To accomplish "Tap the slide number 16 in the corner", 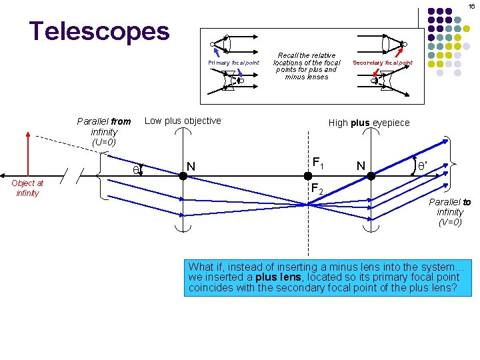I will click(471, 6).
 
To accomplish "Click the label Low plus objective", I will click(183, 121).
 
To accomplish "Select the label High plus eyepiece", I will click(369, 123).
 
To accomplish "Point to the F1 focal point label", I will click(318, 162).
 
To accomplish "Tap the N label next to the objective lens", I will click(191, 166).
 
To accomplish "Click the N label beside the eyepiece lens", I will click(360, 165).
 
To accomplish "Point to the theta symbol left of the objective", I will click(135, 171).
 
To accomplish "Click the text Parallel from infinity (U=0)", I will click(104, 131).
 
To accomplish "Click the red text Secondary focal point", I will click(383, 63).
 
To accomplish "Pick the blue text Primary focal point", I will click(233, 62).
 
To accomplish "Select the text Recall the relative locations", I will click(307, 56).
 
